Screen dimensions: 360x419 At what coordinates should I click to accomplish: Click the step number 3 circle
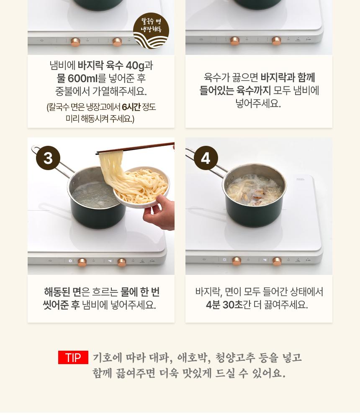(x=48, y=158)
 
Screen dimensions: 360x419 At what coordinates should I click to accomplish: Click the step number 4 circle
(x=206, y=158)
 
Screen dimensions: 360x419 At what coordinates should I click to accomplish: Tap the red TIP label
(x=73, y=357)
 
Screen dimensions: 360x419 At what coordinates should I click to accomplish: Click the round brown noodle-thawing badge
(x=151, y=31)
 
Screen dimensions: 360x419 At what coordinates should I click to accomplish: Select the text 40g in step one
(x=135, y=65)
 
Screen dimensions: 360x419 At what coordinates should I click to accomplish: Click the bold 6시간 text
(x=131, y=107)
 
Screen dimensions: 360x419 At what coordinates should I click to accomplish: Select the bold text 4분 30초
(x=224, y=305)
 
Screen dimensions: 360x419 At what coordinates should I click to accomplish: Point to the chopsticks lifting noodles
(x=135, y=149)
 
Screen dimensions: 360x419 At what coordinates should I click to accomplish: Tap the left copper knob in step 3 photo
(x=82, y=262)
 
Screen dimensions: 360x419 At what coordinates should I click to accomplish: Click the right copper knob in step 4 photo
(x=277, y=261)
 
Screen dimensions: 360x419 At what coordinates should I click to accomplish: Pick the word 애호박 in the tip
(x=194, y=357)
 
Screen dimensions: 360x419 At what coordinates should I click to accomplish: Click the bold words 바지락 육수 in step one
(x=100, y=65)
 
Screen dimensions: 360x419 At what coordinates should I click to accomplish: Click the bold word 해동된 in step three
(x=57, y=292)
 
